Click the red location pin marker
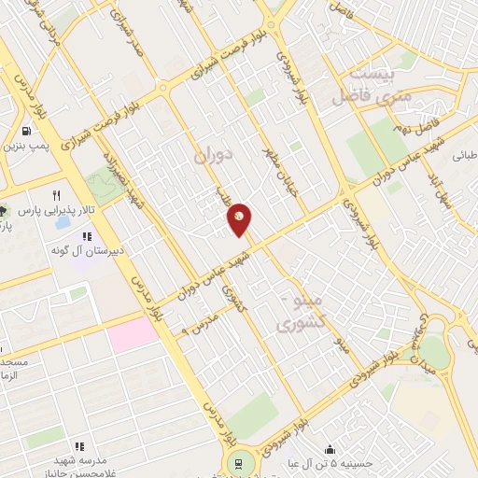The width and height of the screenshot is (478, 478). (240, 218)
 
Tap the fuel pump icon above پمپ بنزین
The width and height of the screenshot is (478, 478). (25, 132)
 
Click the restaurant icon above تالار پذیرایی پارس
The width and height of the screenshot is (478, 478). (56, 196)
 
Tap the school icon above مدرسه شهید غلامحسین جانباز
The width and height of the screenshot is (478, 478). (79, 446)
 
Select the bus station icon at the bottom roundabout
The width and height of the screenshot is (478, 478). (238, 463)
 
